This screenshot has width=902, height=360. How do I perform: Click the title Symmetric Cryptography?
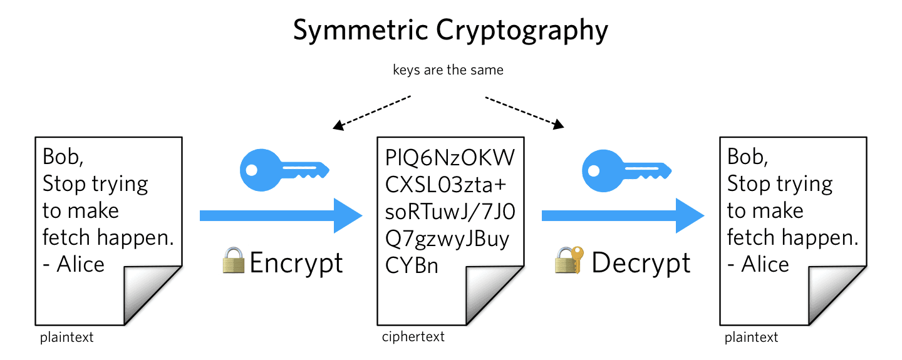click(x=450, y=31)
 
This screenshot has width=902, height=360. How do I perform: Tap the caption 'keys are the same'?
click(x=448, y=70)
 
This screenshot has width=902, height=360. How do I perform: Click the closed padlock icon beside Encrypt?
click(x=234, y=262)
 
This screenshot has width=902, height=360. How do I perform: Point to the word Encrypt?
click(x=296, y=264)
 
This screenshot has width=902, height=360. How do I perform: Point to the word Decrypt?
click(x=641, y=264)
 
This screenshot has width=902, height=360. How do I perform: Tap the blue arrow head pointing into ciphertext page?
click(x=348, y=216)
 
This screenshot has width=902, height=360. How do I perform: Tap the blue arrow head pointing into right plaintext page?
click(x=690, y=216)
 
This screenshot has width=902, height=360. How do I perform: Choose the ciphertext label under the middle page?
click(x=413, y=337)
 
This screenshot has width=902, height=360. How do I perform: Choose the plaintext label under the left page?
click(x=66, y=337)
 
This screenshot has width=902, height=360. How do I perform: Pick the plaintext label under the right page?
click(x=751, y=337)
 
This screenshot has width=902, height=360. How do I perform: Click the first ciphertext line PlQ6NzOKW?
click(x=450, y=158)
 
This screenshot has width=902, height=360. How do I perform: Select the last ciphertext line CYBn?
click(x=412, y=265)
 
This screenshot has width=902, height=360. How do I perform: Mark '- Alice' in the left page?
click(x=74, y=265)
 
